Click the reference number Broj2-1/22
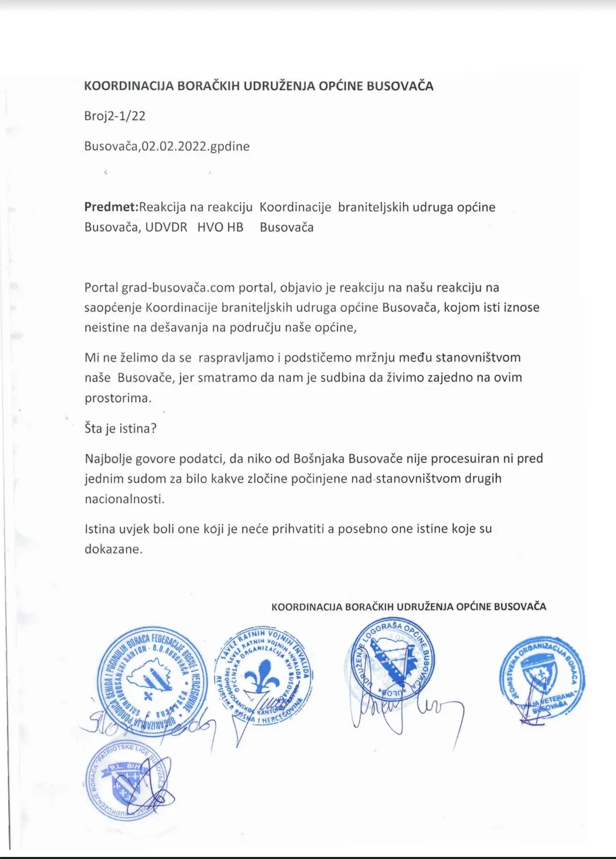[115, 116]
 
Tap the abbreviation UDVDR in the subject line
[166, 227]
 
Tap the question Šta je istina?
[120, 428]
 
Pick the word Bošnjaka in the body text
[318, 459]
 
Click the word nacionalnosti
[124, 499]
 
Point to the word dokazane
[113, 549]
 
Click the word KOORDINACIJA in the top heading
[129, 86]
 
